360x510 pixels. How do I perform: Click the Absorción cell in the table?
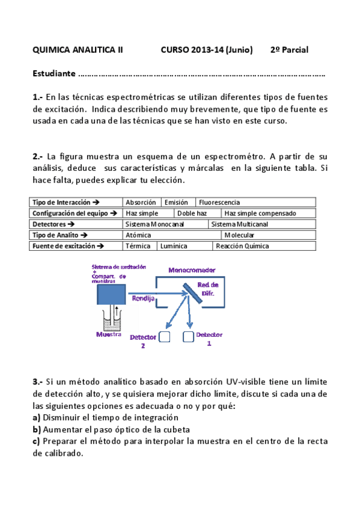141,203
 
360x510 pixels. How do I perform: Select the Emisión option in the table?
175,203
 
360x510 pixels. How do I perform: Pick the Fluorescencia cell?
219,203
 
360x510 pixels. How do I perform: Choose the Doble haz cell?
192,214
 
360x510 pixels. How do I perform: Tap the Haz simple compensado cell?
260,214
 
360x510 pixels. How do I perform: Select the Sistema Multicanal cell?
239,224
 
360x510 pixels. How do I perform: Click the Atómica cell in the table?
138,235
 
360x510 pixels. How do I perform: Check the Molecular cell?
239,235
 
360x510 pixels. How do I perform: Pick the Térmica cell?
137,246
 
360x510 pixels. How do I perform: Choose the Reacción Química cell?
242,246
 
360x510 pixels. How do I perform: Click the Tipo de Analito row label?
59,235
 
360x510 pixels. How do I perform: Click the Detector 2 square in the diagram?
165,337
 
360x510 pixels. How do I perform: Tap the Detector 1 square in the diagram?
188,337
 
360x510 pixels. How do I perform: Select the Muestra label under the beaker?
109,334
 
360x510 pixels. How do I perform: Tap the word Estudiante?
54,75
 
